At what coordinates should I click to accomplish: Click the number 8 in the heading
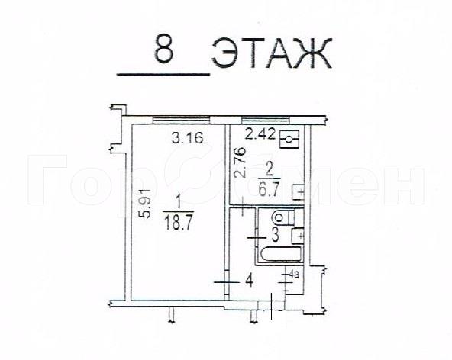[x=164, y=49]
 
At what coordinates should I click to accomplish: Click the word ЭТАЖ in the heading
[x=272, y=53]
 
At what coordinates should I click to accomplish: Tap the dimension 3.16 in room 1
[x=188, y=138]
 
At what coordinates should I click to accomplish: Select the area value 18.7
[x=178, y=223]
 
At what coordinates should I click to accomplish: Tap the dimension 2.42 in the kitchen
[x=260, y=134]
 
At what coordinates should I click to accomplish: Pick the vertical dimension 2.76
[x=240, y=162]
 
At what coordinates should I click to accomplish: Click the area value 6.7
[x=269, y=190]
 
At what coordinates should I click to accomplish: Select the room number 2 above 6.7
[x=269, y=172]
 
